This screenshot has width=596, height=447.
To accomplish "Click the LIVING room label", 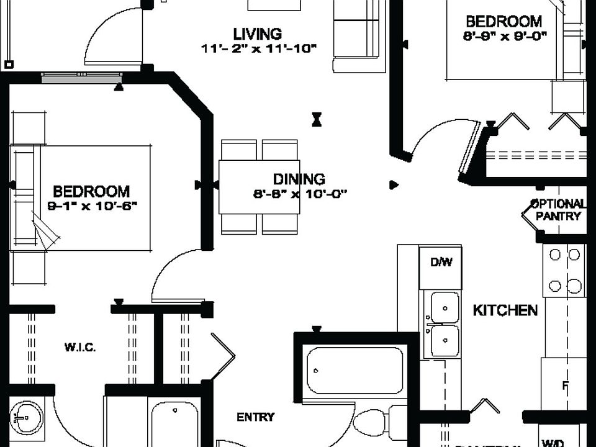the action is tap(257, 34).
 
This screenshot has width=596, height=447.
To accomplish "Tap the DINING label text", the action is tap(299, 179).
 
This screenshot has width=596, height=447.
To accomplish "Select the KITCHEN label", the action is tap(505, 310).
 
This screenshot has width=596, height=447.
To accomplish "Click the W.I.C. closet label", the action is tap(80, 347).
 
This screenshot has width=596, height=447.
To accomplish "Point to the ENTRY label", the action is tap(255, 417).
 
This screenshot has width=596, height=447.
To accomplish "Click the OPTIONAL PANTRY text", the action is tap(558, 210).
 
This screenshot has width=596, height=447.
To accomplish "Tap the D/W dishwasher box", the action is tap(441, 263).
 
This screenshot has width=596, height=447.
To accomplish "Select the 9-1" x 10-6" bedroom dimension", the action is tap(92, 206).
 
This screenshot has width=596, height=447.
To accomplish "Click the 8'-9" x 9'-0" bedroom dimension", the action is tap(505, 35).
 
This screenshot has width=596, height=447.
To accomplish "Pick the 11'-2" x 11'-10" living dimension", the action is tap(259, 48).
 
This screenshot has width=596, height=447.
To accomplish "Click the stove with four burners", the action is tap(564, 270).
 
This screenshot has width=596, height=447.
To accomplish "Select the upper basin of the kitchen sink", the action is tap(445, 307).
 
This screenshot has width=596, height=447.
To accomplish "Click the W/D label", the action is tap(553, 443).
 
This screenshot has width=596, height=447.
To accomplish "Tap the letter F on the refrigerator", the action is tap(565, 386).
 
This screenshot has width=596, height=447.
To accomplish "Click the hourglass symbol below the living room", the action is tap(317, 119).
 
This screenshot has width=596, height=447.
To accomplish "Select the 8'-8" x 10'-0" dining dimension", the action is tap(299, 193).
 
